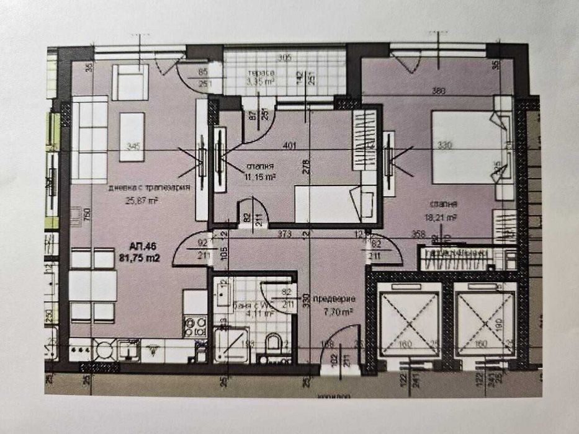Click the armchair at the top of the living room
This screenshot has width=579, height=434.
[x=130, y=82]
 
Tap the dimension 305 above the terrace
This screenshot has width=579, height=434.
[x=284, y=59]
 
